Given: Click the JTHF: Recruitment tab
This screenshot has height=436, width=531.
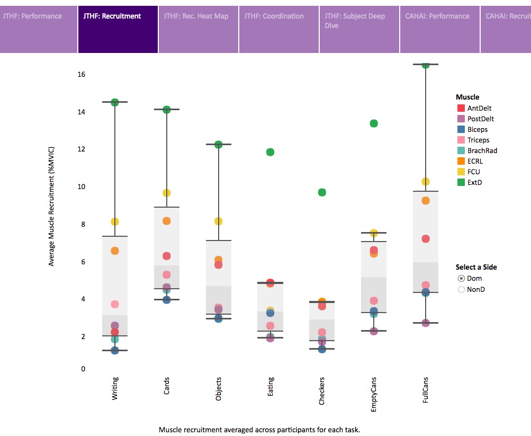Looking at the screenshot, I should tap(118, 29).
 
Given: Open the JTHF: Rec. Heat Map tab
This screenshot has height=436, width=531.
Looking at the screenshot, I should tap(198, 29).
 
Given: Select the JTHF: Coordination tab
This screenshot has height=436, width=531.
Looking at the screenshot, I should tap(278, 29).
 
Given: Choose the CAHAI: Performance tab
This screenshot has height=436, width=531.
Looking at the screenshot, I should tap(439, 29).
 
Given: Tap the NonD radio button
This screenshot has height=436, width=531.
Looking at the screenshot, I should tap(461, 289).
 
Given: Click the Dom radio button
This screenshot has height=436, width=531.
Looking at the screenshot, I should tap(461, 278).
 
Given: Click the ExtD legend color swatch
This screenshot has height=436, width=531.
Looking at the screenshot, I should tap(460, 182).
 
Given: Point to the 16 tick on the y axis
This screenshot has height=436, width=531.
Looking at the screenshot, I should tap(81, 75).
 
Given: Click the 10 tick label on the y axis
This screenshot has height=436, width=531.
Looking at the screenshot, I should tap(81, 187).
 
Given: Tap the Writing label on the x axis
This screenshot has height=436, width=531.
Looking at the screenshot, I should tap(115, 388).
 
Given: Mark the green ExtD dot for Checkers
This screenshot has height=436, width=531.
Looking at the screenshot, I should tap(322, 192).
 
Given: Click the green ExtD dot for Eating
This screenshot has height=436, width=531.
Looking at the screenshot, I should tap(270, 152).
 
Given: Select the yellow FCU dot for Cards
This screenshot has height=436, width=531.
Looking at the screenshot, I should tap(166, 193).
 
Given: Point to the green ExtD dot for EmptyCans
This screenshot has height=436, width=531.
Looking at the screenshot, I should tap(374, 123).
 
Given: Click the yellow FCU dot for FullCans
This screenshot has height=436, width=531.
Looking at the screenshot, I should tap(426, 182).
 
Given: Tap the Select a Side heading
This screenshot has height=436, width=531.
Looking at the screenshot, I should tap(476, 267).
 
